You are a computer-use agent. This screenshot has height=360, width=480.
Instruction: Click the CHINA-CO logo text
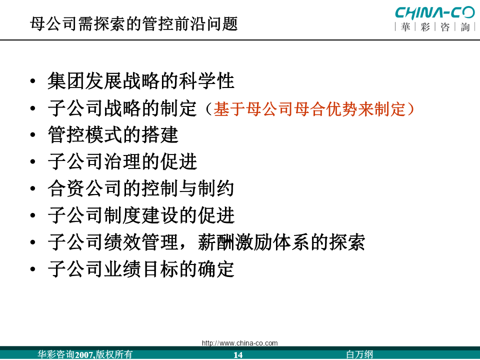(434, 12)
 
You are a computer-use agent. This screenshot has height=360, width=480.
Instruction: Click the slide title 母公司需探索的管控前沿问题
(134, 24)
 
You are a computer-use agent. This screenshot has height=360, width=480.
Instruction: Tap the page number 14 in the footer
(238, 355)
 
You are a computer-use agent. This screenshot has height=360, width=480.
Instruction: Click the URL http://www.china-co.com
(239, 343)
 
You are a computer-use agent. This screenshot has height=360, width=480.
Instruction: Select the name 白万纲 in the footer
(359, 354)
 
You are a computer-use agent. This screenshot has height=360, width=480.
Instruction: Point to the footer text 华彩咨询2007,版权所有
(85, 354)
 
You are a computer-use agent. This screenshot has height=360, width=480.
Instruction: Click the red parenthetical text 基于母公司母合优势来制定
(309, 109)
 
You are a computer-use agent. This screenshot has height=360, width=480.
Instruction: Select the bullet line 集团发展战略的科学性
(141, 81)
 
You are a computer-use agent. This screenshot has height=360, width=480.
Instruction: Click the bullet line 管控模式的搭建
(113, 134)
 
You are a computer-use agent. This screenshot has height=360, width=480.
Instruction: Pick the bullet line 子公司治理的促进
(122, 161)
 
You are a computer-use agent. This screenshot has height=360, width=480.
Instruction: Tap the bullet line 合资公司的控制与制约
(141, 188)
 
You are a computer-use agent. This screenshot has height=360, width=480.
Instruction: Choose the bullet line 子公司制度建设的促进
(141, 215)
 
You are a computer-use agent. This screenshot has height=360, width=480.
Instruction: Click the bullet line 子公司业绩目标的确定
(141, 269)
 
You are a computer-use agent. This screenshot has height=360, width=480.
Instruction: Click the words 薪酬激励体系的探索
(281, 242)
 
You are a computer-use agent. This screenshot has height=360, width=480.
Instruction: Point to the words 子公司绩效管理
(113, 242)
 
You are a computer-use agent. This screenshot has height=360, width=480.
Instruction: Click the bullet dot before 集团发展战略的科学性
(33, 81)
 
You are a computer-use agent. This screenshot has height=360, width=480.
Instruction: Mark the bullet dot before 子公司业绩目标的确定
(33, 269)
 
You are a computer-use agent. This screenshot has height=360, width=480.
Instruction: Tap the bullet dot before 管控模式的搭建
(33, 135)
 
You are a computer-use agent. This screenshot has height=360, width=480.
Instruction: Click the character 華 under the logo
(405, 27)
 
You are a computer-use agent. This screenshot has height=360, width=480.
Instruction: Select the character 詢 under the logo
(464, 27)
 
